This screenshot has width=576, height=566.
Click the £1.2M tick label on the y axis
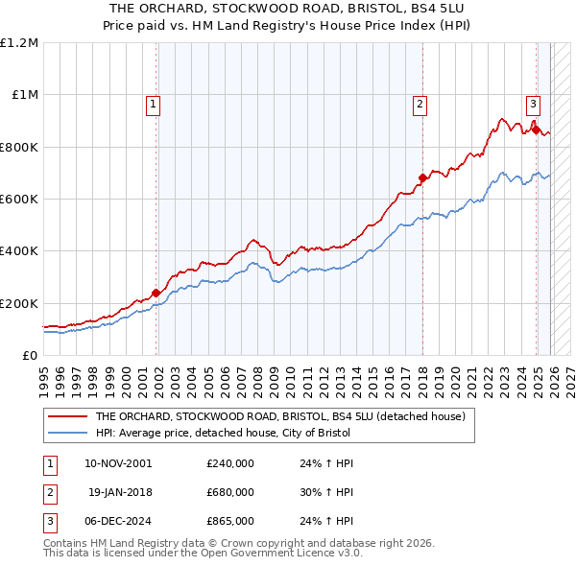coord(19,43)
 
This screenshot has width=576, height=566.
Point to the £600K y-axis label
coord(19,199)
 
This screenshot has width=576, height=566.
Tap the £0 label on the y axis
coord(30,355)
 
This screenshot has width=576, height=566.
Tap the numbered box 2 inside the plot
coord(420,106)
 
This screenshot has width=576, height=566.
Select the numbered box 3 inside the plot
coord(533,106)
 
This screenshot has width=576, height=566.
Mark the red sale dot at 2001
coord(156,293)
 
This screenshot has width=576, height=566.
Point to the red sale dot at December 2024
coord(536,130)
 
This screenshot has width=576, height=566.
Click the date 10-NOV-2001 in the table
coord(118,463)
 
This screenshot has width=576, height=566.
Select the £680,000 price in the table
coord(230,492)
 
